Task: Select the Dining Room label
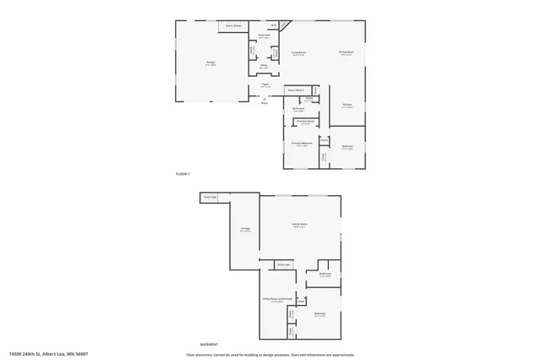pos(347,52)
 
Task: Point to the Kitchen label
pos(347,105)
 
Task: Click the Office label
pos(264,66)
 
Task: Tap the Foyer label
pos(265,85)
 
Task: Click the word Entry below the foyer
pos(265,103)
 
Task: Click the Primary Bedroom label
pos(303,143)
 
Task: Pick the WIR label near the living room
pos(274,25)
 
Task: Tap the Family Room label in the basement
pos(299,224)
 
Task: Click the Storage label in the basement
pos(245,228)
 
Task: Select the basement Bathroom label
pos(325,274)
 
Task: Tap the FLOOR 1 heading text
pos(183,173)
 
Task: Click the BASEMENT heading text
pos(209,345)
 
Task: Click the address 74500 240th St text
pos(48,354)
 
